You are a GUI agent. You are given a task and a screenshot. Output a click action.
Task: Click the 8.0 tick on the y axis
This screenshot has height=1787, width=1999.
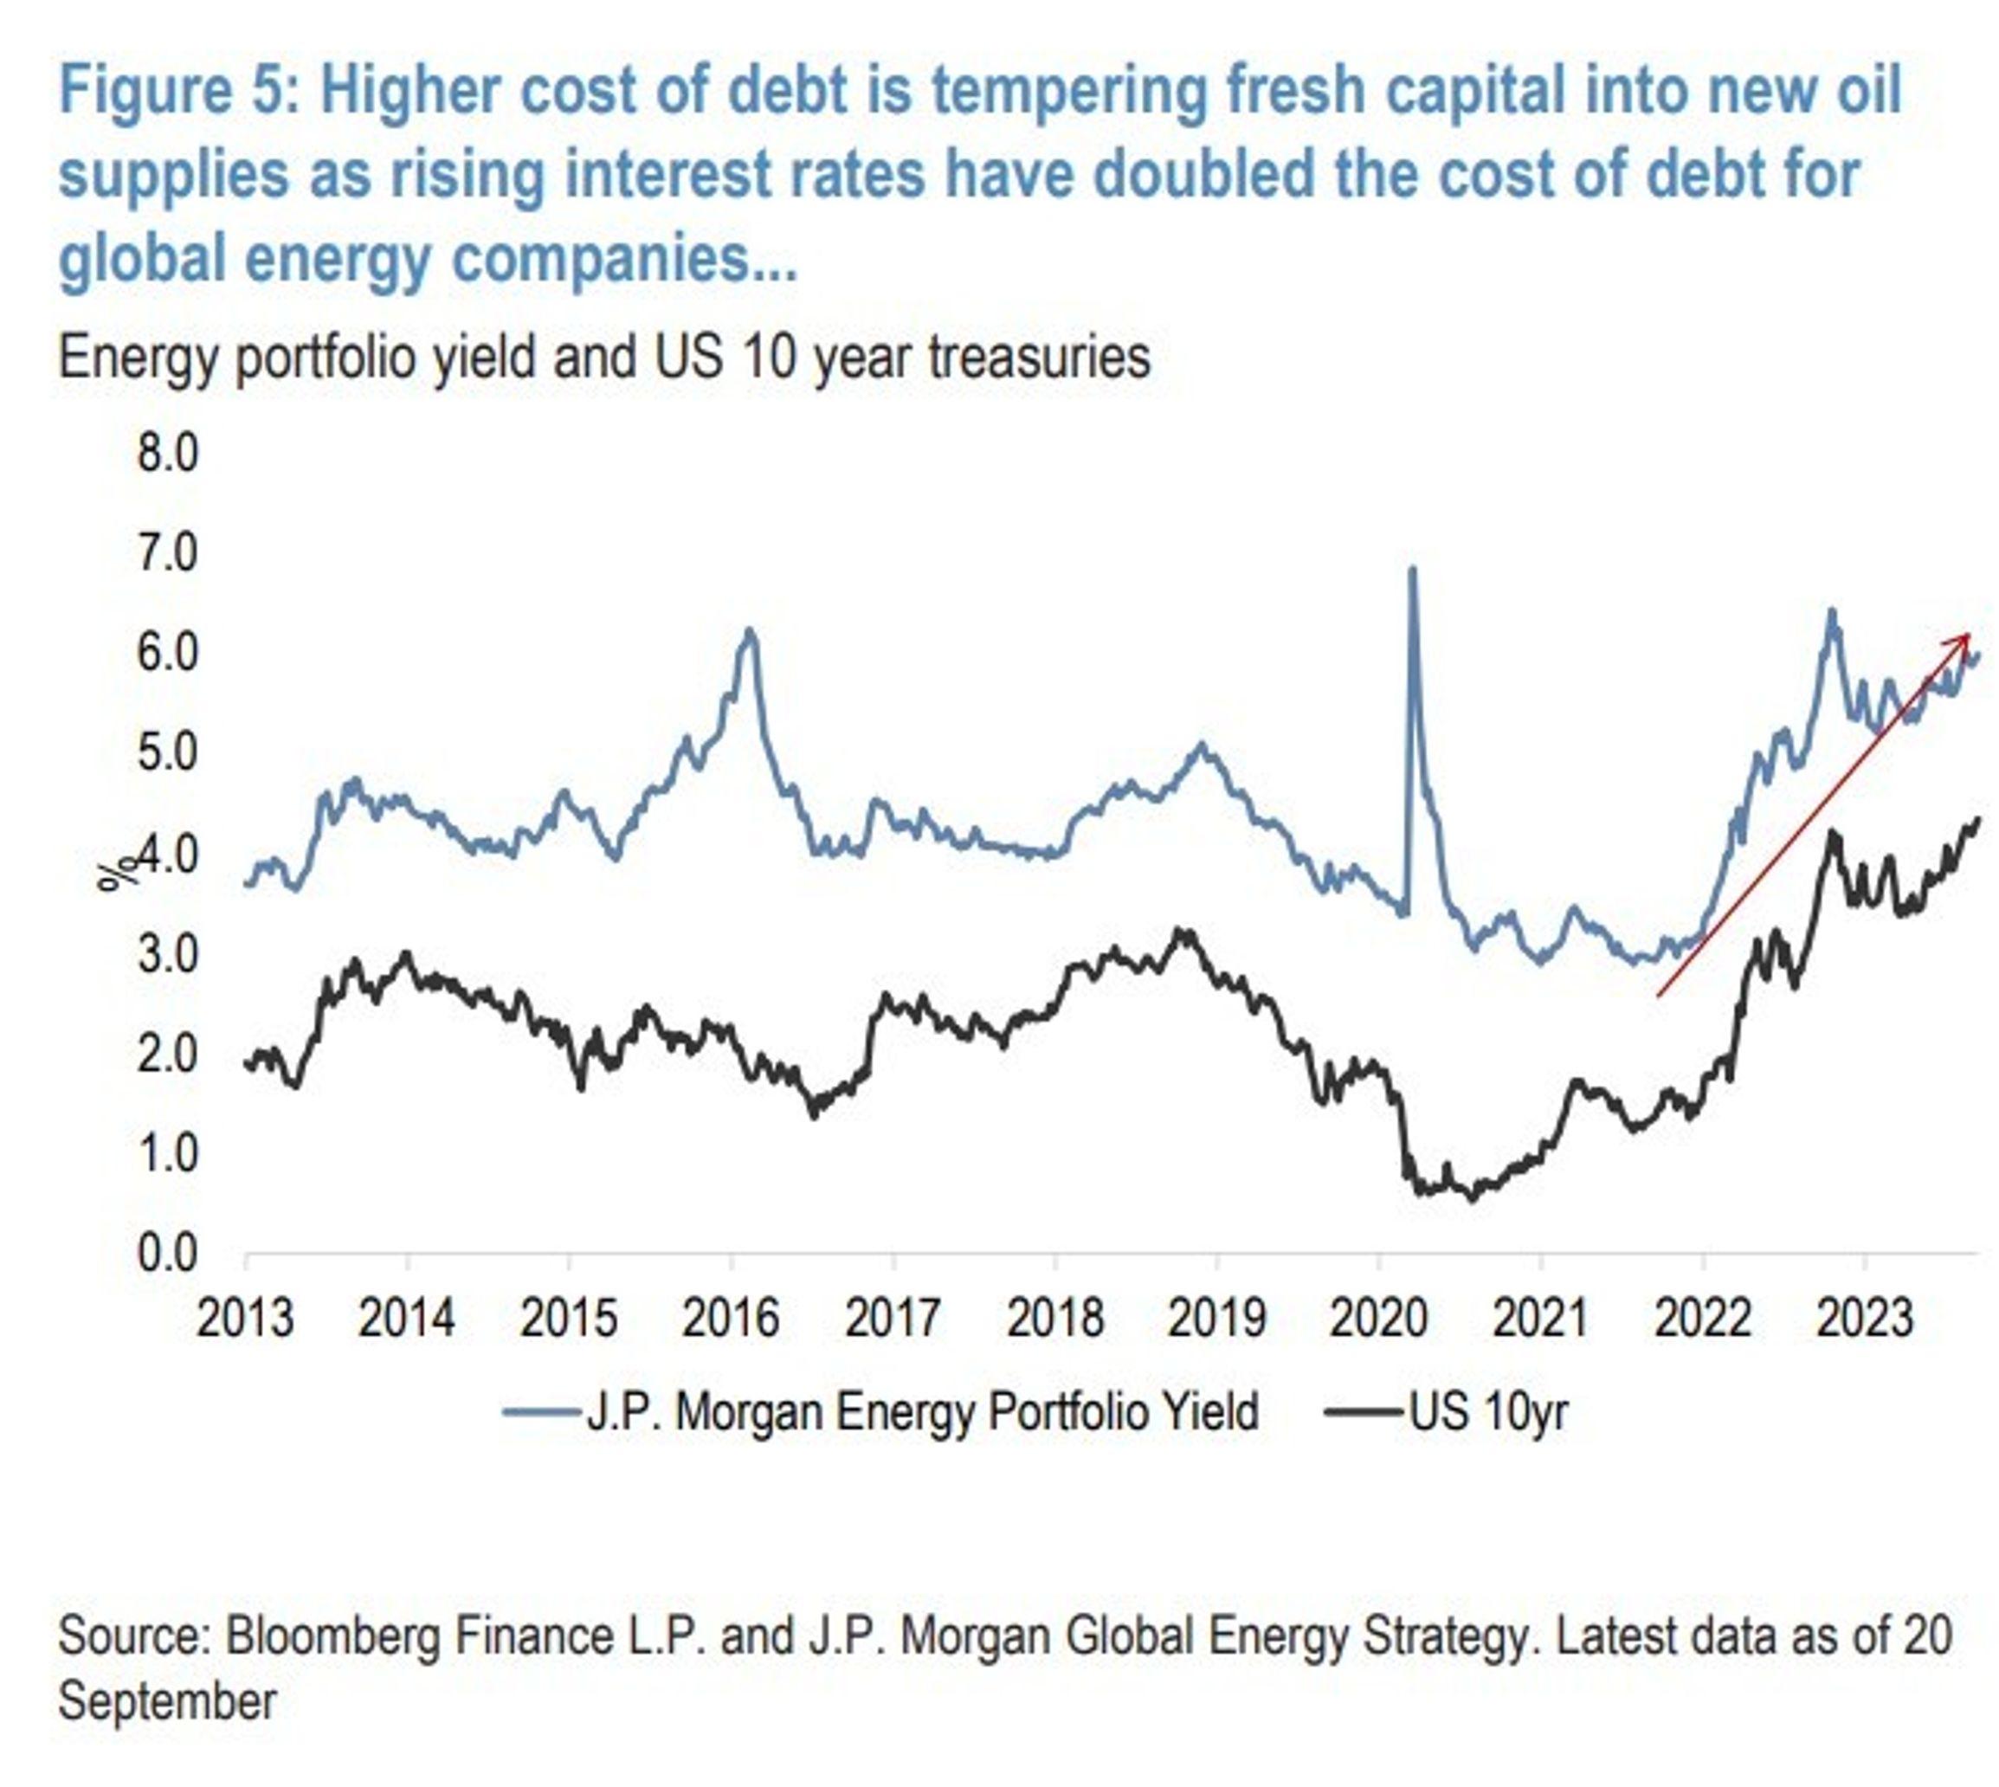pyautogui.click(x=168, y=454)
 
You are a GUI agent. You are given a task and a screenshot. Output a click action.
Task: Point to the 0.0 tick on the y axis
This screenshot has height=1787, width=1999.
pyautogui.click(x=168, y=1254)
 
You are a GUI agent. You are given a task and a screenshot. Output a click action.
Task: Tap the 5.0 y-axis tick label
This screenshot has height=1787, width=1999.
pyautogui.click(x=168, y=753)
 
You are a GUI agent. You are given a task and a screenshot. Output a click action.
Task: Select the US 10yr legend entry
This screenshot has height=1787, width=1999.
pyautogui.click(x=1488, y=1412)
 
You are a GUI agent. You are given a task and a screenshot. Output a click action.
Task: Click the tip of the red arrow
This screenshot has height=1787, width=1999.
pyautogui.click(x=1969, y=635)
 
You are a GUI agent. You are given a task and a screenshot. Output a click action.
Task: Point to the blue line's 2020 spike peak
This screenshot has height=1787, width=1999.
pyautogui.click(x=1412, y=569)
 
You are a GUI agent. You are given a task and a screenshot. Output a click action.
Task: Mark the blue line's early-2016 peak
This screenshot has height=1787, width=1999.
pyautogui.click(x=749, y=629)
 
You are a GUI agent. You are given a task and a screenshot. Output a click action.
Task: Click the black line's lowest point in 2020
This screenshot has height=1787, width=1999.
pyautogui.click(x=1471, y=1199)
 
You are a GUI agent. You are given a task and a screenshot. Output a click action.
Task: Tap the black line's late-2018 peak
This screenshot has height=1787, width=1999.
pyautogui.click(x=1183, y=929)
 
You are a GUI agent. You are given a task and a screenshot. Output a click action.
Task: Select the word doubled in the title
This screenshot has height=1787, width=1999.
pyautogui.click(x=1203, y=174)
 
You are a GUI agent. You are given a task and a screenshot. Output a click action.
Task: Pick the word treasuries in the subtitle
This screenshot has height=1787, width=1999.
pyautogui.click(x=1039, y=357)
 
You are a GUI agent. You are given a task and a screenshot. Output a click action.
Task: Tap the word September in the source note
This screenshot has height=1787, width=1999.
pyautogui.click(x=167, y=1700)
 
